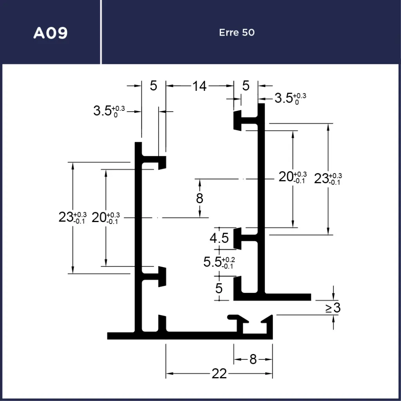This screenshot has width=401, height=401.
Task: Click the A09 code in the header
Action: [51, 33]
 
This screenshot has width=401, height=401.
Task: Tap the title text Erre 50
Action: [237, 32]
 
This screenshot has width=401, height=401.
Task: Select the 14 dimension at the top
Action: [199, 86]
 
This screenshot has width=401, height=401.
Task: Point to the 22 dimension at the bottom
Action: [219, 374]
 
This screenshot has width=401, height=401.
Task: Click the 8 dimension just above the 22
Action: [253, 359]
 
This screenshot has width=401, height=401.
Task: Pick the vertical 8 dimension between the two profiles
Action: [200, 198]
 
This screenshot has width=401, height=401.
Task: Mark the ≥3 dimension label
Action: [333, 308]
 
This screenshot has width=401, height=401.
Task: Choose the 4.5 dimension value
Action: [219, 238]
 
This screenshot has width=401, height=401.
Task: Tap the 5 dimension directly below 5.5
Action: [219, 289]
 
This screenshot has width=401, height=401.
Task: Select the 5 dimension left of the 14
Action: [154, 86]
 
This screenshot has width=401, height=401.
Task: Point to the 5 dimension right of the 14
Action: [246, 86]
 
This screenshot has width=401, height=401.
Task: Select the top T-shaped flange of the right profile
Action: [243, 120]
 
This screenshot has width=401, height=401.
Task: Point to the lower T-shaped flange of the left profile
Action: [157, 276]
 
